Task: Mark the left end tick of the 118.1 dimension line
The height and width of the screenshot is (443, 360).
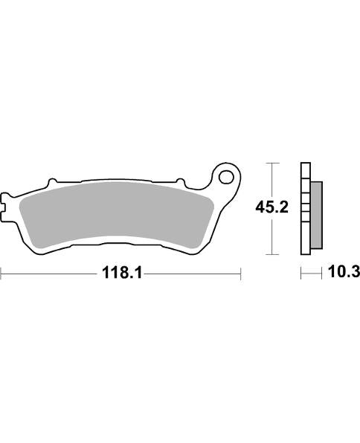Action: (x=1, y=274)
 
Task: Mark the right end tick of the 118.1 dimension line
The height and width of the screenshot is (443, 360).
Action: (x=241, y=274)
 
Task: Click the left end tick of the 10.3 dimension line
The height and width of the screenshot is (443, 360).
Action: (x=301, y=274)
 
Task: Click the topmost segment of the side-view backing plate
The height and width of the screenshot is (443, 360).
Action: (x=304, y=169)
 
